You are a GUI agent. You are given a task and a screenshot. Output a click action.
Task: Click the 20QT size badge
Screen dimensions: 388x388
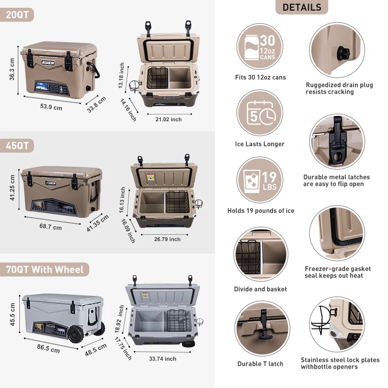pos(16,15)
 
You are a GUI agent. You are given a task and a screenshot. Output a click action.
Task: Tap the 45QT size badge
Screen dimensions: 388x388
pos(16,145)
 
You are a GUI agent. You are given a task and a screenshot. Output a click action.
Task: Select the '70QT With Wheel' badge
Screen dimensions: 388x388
pos(44,269)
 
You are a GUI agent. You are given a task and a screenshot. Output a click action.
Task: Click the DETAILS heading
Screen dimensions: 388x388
pos(302,7)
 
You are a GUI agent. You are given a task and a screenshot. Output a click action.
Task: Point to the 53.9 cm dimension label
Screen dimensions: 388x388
pos(51,107)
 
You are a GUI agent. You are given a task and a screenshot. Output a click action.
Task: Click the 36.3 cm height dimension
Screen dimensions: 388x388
pos(12,69)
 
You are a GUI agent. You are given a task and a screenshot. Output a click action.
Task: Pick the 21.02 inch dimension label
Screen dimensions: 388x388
pos(168,119)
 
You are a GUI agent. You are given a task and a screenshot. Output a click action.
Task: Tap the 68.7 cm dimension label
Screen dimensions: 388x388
pos(50,226)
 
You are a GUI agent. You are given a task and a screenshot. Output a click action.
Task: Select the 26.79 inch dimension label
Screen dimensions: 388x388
pos(167,239)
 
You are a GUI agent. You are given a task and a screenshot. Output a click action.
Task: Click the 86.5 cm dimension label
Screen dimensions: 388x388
pos(48,348)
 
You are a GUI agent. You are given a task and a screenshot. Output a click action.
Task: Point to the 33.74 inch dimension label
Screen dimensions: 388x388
pos(162,358)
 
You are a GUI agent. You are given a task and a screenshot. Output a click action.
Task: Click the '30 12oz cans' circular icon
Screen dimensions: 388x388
pos(260,47)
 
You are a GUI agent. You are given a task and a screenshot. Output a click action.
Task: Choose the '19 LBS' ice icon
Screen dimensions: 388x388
pos(260,180)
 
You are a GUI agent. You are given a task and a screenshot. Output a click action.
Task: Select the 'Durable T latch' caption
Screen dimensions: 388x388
pos(260,363)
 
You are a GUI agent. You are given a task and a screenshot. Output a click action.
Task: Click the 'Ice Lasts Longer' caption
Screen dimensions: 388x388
pos(260,144)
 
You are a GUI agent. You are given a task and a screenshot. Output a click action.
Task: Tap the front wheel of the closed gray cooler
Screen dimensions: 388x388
pos(75,335)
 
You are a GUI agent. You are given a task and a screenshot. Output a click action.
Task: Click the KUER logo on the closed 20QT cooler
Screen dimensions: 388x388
pos(48,63)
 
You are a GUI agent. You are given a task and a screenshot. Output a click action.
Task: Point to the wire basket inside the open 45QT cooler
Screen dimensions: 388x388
pos(177,202)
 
